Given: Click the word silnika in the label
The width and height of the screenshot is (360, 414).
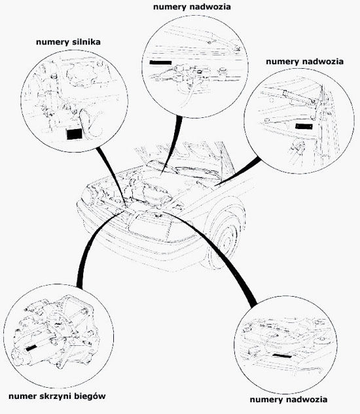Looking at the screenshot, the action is coord(86,42).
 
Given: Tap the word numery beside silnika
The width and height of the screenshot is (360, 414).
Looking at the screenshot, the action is coord(53,43).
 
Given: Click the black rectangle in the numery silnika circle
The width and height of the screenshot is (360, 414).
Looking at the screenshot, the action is coord(75,135).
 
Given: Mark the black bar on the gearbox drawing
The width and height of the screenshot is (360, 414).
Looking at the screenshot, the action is coord(31,348).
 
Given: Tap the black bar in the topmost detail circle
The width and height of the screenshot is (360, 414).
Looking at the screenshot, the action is coord(160,63).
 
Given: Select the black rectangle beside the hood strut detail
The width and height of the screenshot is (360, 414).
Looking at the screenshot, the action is coord(304,126).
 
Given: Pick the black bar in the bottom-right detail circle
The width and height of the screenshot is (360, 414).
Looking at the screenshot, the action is coord(282,356).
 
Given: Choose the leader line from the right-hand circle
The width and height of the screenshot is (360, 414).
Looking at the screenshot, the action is coord(239,172).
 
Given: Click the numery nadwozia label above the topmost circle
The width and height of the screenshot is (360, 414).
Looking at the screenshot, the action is coord(192,7).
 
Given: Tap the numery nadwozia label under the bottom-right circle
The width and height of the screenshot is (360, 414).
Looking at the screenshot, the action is coord(289,400).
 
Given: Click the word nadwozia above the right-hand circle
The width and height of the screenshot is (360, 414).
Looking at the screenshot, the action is coord(323,62).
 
